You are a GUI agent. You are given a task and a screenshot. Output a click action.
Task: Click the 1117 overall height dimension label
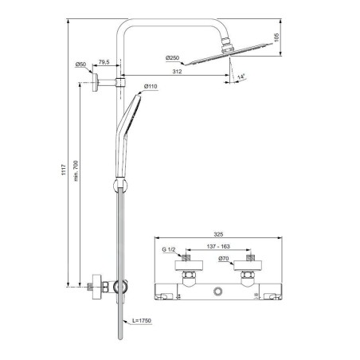pyautogui.click(x=64, y=170)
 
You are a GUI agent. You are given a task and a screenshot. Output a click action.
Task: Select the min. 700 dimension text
pyautogui.click(x=76, y=170)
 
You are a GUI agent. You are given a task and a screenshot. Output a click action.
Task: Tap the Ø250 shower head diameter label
pyautogui.click(x=173, y=58)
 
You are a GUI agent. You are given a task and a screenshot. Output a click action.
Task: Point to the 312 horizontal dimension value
pyautogui.click(x=177, y=72)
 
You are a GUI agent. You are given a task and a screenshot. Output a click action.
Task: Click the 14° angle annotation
pyautogui.click(x=241, y=77)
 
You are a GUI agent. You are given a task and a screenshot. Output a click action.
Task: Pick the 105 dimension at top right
pyautogui.click(x=276, y=37)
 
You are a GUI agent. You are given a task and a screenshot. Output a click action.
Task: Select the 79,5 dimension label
pyautogui.click(x=104, y=62)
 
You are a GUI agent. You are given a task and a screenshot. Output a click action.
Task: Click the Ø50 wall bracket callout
pyautogui.click(x=80, y=65)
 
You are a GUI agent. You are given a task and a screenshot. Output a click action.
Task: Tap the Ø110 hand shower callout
pyautogui.click(x=151, y=86)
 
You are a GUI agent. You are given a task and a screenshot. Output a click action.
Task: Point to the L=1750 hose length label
pyautogui.click(x=142, y=321)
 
